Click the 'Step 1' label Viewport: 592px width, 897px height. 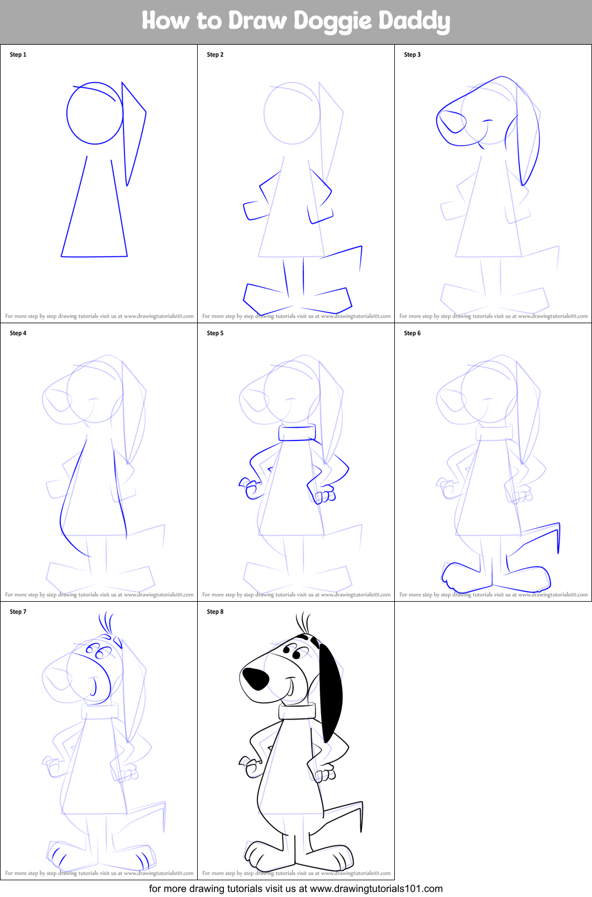(x=18, y=55)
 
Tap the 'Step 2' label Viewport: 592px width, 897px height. (x=215, y=55)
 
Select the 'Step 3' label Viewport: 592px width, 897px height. (x=412, y=55)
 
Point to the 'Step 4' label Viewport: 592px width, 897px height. (x=18, y=333)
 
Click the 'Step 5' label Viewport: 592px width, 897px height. (x=215, y=333)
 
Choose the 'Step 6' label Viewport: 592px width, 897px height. (x=412, y=333)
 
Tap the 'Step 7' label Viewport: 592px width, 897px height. (x=18, y=612)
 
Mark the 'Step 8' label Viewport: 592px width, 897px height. (x=215, y=612)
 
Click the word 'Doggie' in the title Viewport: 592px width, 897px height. (x=333, y=21)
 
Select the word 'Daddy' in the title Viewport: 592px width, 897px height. (x=414, y=21)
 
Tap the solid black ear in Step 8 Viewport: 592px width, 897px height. (x=330, y=692)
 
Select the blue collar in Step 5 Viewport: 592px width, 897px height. (x=297, y=433)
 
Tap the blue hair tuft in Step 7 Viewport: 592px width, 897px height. (x=106, y=622)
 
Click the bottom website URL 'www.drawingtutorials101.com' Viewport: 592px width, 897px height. (x=376, y=889)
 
